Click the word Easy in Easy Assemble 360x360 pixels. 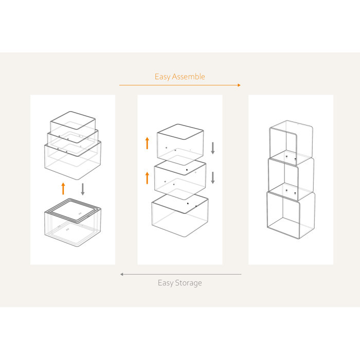click(x=163, y=77)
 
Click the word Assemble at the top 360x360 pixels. click(x=189, y=77)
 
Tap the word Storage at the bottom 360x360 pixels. click(x=188, y=283)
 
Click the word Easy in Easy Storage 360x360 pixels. click(x=165, y=283)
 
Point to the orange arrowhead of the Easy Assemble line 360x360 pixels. click(x=239, y=85)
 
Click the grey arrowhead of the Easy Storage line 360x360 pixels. click(x=122, y=274)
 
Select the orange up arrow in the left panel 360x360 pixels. click(x=63, y=188)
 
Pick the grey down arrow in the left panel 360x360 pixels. click(x=82, y=188)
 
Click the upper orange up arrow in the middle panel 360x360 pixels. click(x=147, y=142)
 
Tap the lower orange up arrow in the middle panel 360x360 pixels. click(x=147, y=178)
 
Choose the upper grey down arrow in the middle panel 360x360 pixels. click(x=213, y=148)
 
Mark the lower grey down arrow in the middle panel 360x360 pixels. click(x=213, y=178)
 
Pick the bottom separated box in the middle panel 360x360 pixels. click(x=179, y=215)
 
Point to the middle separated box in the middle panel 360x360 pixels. click(x=181, y=178)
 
